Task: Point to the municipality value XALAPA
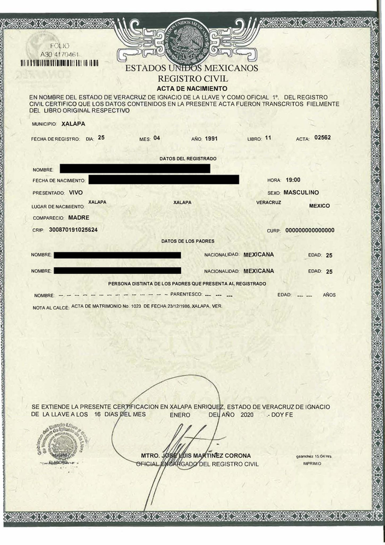[x=73, y=123]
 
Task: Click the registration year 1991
[x=211, y=138]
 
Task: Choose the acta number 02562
[x=322, y=138]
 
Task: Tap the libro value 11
[x=268, y=138]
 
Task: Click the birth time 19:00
[x=293, y=180]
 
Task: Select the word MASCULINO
[x=310, y=193]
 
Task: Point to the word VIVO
[x=76, y=193]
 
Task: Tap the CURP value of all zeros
[x=310, y=230]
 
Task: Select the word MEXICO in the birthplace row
[x=319, y=206]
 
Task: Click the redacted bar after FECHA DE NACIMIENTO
[x=164, y=179]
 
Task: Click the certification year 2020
[x=247, y=415]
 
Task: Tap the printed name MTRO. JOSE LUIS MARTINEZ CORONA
[x=196, y=455]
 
